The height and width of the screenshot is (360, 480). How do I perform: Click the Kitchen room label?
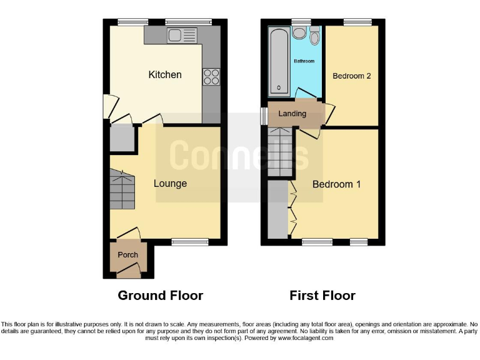click(x=165, y=75)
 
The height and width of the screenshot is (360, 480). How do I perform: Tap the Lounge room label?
click(x=170, y=184)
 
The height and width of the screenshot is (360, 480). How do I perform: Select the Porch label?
click(x=127, y=255)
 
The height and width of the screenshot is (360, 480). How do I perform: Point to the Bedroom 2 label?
click(x=352, y=76)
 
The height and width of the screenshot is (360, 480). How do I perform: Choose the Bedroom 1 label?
click(x=337, y=185)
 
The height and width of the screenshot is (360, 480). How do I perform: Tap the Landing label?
click(x=292, y=114)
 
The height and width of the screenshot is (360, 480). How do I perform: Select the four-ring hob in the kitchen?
click(x=211, y=76)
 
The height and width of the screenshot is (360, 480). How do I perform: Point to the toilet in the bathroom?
click(x=314, y=37)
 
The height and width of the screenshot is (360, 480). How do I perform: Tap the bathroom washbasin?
click(x=299, y=32)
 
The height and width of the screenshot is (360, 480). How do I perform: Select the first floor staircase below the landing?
click(x=280, y=152)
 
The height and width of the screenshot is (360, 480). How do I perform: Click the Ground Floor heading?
click(x=161, y=296)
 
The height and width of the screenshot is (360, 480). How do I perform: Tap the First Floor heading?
click(x=322, y=296)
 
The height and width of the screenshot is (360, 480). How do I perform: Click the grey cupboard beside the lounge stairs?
click(x=122, y=139)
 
